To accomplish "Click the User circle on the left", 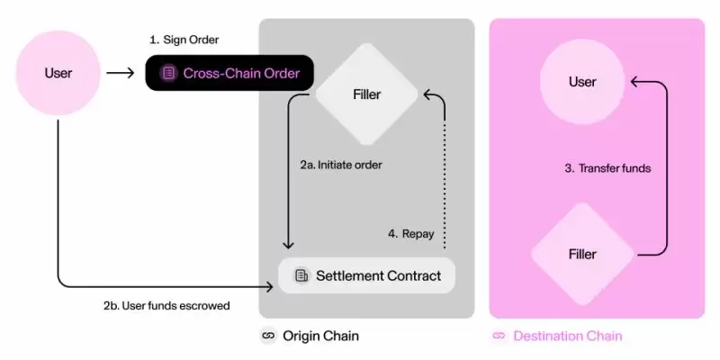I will (58, 72).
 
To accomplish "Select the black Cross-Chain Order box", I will (229, 73).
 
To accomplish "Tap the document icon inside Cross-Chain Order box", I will (168, 73).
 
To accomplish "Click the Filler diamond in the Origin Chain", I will (365, 93).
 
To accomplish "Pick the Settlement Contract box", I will (366, 274).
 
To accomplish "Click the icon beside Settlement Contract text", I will (301, 274).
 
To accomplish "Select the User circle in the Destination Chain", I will (582, 82).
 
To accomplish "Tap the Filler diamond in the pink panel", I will (582, 255).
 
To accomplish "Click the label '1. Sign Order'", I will (184, 40).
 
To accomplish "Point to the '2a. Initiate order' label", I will (341, 166).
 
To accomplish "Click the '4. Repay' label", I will (410, 234).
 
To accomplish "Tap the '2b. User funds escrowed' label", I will (166, 305).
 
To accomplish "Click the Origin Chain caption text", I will (320, 337).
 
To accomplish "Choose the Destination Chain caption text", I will (567, 337).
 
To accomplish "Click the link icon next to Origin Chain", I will (267, 337).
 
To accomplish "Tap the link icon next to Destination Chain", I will (499, 337).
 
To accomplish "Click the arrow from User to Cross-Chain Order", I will (121, 73).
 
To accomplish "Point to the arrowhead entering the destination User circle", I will (634, 82).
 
